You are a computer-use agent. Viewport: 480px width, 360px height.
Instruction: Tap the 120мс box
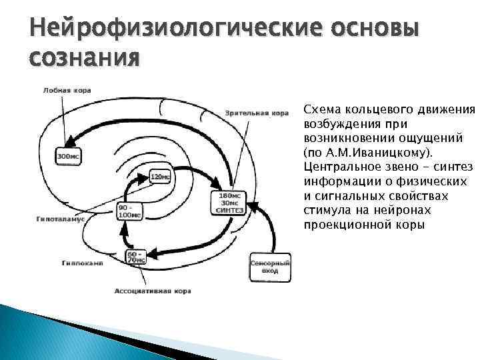[x=159, y=177]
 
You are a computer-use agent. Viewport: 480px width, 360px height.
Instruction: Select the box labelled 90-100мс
[x=129, y=211]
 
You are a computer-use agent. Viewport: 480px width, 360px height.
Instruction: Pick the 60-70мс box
[x=136, y=257]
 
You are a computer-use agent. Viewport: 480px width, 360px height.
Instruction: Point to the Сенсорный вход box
[x=269, y=267]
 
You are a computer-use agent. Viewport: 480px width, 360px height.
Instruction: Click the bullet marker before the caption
[x=296, y=108]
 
